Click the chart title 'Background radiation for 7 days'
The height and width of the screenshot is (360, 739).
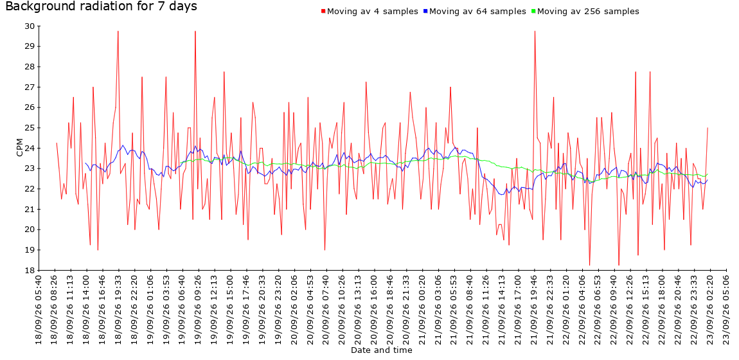(x=102, y=6)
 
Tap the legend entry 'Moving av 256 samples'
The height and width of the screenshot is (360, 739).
(x=588, y=12)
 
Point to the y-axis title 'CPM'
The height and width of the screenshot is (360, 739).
(x=20, y=148)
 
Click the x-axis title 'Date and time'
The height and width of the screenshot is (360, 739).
(x=381, y=350)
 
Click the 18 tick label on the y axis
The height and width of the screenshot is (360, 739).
(x=29, y=270)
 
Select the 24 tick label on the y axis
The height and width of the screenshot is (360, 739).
(x=29, y=148)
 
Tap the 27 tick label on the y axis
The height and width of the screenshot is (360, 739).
(x=29, y=87)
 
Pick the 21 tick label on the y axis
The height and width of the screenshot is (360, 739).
(x=29, y=209)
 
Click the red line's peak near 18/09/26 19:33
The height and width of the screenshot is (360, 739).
(x=118, y=31)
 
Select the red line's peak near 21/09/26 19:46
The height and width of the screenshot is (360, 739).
(x=535, y=31)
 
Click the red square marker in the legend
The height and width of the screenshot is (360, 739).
(x=323, y=11)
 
